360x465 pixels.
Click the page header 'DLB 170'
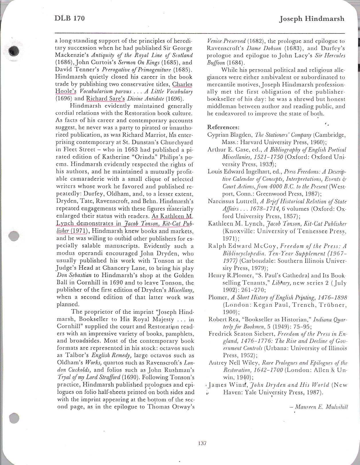pos(70,18)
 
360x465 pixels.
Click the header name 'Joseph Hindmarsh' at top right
pos(312,19)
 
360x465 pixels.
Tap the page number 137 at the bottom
pos(202,443)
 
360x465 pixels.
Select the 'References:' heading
pos(223,127)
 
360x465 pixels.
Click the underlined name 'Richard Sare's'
pos(105,99)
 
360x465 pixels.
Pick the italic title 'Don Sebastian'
pos(74,275)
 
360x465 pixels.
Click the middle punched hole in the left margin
pos(13,236)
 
